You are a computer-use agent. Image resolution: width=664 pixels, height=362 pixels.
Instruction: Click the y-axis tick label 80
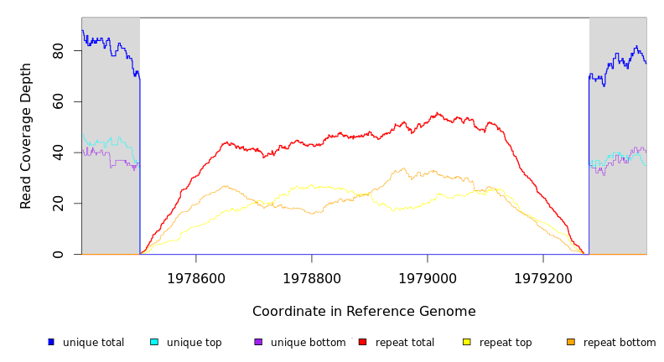[x=58, y=51]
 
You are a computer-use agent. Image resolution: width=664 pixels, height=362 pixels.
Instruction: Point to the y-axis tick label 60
[x=58, y=102]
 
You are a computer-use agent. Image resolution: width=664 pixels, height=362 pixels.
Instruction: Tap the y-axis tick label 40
[x=58, y=153]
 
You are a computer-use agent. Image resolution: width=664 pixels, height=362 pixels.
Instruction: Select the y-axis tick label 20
[x=58, y=204]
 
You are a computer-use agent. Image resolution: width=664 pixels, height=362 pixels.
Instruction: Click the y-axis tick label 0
[x=58, y=254]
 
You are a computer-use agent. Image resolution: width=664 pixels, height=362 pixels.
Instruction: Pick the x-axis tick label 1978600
[x=196, y=278]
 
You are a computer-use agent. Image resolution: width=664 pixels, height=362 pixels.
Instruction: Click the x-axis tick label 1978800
[x=312, y=278]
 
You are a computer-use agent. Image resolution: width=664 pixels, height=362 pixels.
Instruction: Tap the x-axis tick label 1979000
[x=428, y=278]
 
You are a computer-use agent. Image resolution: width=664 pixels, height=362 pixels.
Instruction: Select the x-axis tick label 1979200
[x=543, y=278]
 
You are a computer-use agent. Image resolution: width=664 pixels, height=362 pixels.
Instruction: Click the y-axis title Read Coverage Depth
[x=26, y=136]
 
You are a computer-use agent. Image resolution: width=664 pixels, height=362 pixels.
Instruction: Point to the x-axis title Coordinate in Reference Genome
[x=364, y=312]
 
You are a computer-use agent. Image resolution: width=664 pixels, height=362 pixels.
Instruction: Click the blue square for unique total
[x=50, y=342]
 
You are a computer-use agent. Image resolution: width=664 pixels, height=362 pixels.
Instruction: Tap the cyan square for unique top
[x=154, y=342]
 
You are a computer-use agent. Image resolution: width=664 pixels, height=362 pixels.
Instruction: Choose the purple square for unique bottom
[x=258, y=342]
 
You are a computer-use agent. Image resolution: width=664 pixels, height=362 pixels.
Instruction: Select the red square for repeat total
[x=362, y=342]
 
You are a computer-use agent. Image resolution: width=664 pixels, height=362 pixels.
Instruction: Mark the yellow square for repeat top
[x=467, y=342]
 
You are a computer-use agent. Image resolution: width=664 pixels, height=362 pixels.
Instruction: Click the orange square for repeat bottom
[x=571, y=342]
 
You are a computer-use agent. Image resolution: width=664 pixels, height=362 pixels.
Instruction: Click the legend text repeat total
[x=405, y=343]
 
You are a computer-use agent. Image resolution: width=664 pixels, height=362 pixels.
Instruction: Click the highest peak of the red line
[x=437, y=113]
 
